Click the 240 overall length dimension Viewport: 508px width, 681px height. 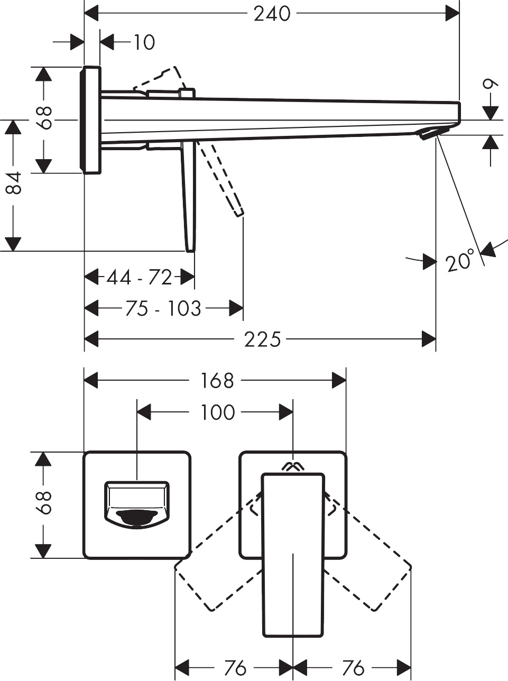click(272, 14)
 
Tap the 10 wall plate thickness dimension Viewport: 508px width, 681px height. click(143, 42)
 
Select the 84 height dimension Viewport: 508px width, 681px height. click(15, 183)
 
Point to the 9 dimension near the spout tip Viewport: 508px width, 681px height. click(491, 85)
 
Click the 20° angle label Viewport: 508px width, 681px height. click(459, 262)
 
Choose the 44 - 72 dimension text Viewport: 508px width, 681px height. click(139, 277)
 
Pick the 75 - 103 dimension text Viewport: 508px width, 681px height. click(163, 308)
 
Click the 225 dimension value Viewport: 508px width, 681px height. click(262, 339)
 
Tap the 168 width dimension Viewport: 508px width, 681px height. click(217, 381)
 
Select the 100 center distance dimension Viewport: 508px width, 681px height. click(217, 412)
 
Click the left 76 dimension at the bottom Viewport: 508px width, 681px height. click(235, 668)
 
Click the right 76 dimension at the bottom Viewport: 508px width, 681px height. click(352, 668)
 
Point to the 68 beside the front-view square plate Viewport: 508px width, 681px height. click(44, 502)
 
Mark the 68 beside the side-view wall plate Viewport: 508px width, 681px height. click(44, 118)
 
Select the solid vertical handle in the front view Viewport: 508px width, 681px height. click(293, 555)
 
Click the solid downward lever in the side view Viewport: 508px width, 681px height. click(189, 196)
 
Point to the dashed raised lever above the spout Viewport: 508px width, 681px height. click(159, 79)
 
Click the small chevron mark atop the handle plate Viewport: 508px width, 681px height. click(293, 466)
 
